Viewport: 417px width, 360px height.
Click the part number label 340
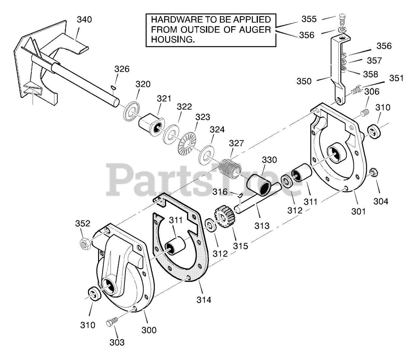[x=84, y=20]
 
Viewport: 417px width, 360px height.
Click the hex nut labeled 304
[x=374, y=172]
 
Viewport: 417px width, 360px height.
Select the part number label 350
[x=304, y=81]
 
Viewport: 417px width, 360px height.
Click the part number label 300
[x=149, y=330]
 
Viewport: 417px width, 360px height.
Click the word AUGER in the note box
[x=255, y=30]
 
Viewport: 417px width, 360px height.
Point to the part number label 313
[x=262, y=225]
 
